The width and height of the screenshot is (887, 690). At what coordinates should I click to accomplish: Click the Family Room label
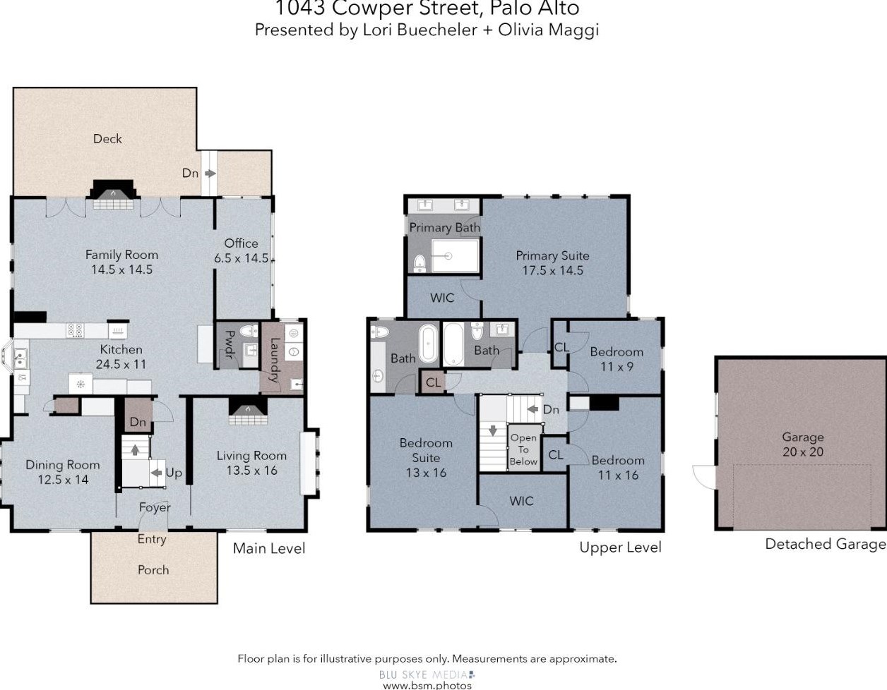coord(121,255)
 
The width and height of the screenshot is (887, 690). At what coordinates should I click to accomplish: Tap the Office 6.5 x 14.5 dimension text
coord(242,258)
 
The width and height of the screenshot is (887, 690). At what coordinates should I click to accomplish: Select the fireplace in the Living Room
coord(248,411)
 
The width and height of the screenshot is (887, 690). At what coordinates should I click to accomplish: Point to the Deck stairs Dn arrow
coord(210,174)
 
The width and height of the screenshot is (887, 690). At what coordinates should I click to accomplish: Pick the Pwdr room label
coord(230,344)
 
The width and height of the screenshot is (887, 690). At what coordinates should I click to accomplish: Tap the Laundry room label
coord(275,360)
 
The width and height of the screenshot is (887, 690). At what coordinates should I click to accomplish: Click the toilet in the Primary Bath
coord(419,263)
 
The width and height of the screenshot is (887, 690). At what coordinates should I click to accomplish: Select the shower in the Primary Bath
coord(455,256)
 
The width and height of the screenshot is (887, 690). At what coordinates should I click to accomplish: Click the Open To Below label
coord(523,449)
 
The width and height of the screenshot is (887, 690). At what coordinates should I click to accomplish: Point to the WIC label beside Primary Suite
coord(442,298)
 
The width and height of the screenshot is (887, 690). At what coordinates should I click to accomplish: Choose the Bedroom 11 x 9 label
coord(617,359)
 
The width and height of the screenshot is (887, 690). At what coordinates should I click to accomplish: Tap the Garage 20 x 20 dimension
coord(803,452)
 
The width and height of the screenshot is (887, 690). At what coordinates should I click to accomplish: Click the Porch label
coord(153,569)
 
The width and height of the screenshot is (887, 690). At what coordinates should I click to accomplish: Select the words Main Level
coord(269,548)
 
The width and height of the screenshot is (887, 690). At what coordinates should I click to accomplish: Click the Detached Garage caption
coord(825,545)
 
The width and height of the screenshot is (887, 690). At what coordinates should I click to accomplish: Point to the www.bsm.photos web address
coord(427,686)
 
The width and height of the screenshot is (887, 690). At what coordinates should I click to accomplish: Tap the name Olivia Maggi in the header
coord(548,30)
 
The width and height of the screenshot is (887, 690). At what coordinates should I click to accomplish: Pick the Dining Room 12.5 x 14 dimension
coord(63,480)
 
